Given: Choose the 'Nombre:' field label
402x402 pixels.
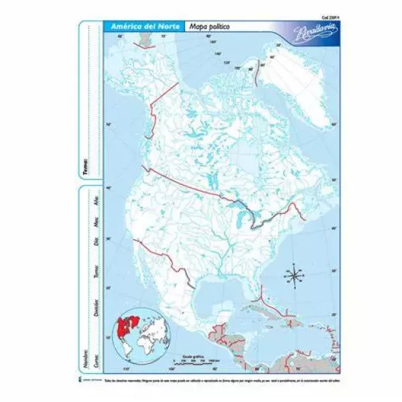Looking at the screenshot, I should point(87,340).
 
